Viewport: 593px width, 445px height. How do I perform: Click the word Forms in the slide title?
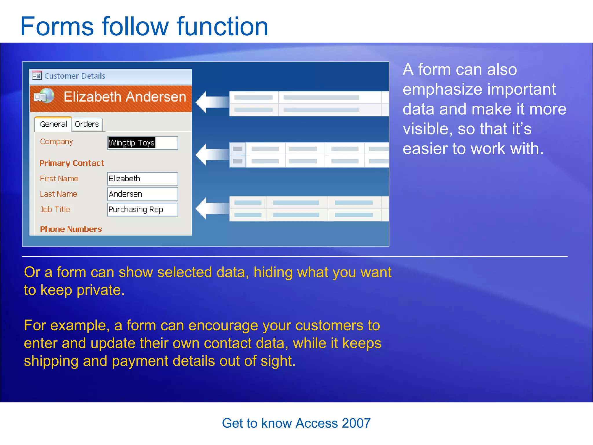[x=57, y=27]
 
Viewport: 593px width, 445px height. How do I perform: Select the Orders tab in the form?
[x=87, y=124]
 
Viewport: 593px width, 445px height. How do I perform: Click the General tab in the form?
[x=54, y=124]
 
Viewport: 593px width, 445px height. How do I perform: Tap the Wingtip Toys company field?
[x=142, y=143]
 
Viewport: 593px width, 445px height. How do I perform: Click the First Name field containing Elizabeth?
[x=142, y=179]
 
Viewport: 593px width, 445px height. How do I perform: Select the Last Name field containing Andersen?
[x=142, y=194]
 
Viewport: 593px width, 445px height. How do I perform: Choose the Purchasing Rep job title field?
[x=142, y=209]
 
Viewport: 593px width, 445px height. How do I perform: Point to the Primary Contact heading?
[x=72, y=163]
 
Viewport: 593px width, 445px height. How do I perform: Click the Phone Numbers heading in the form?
[x=71, y=229]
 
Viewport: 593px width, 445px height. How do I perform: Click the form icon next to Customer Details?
[x=37, y=76]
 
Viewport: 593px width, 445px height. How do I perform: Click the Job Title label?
[x=55, y=209]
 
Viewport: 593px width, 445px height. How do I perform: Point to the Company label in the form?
[x=56, y=142]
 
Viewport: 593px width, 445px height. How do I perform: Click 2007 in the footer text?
[x=356, y=423]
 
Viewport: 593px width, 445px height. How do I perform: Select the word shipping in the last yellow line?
[x=51, y=361]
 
